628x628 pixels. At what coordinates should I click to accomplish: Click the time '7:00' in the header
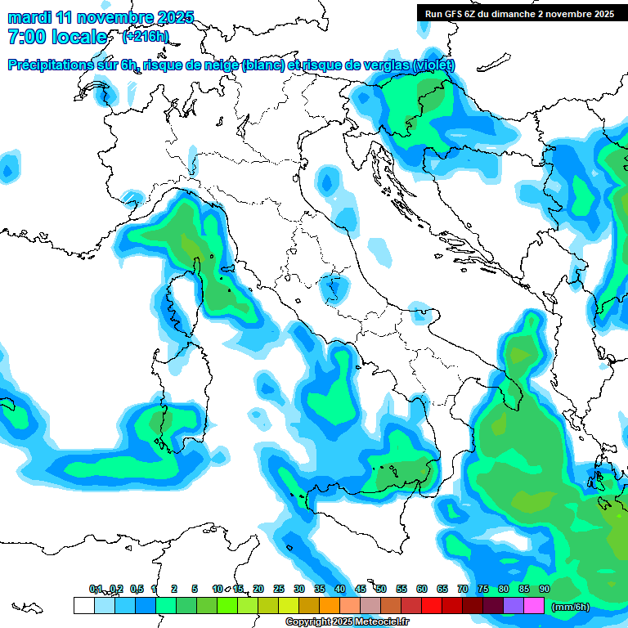tap(25, 37)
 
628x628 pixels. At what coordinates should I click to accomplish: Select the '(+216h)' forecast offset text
tap(145, 37)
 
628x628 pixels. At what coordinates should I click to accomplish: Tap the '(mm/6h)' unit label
tap(571, 607)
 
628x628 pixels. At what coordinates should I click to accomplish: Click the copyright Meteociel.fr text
tap(346, 622)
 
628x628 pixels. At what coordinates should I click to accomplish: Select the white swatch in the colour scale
tap(83, 606)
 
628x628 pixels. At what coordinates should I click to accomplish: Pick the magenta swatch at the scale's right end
tap(534, 606)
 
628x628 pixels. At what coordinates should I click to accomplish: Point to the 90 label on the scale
tap(544, 589)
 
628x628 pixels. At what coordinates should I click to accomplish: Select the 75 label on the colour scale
tap(483, 589)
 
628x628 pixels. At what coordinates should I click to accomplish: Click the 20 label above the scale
tap(258, 589)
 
